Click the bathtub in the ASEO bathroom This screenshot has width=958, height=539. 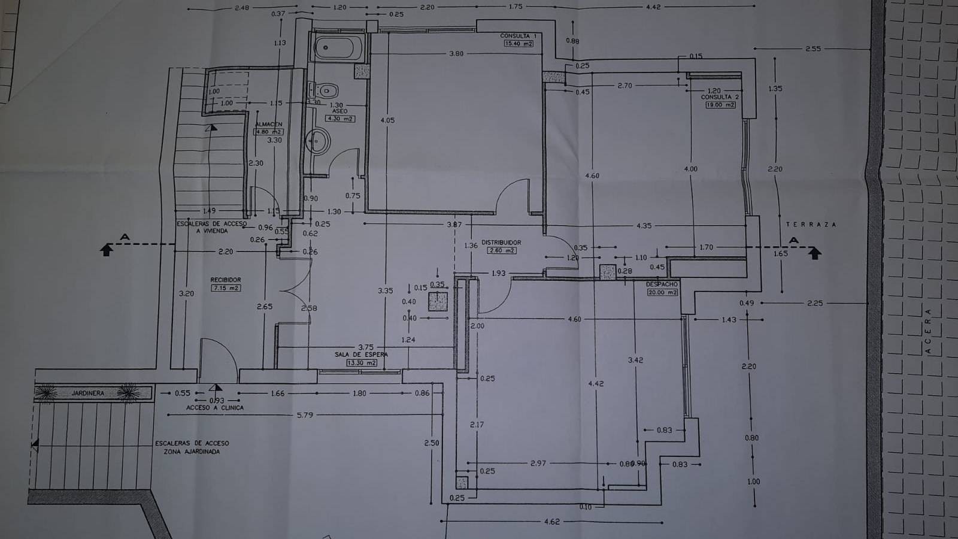[339, 47]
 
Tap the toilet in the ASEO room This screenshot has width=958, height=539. [327, 91]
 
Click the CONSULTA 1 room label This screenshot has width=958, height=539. [518, 36]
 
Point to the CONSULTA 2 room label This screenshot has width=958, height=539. [720, 96]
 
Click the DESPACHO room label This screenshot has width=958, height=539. [662, 284]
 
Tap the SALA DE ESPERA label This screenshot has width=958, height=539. [360, 355]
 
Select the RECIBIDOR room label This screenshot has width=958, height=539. [225, 280]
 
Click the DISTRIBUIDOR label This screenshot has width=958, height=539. [501, 243]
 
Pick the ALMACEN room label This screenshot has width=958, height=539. [268, 124]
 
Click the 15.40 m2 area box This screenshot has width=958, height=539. [519, 43]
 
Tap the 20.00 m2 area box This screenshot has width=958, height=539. [662, 292]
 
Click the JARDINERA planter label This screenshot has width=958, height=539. [88, 393]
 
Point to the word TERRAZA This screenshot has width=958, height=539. [811, 224]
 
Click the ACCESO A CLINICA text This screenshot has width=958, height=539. [215, 407]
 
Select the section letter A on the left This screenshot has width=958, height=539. [125, 238]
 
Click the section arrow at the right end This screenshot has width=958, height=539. [814, 253]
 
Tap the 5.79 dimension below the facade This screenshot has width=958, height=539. [305, 414]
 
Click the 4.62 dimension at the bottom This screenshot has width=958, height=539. [551, 522]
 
